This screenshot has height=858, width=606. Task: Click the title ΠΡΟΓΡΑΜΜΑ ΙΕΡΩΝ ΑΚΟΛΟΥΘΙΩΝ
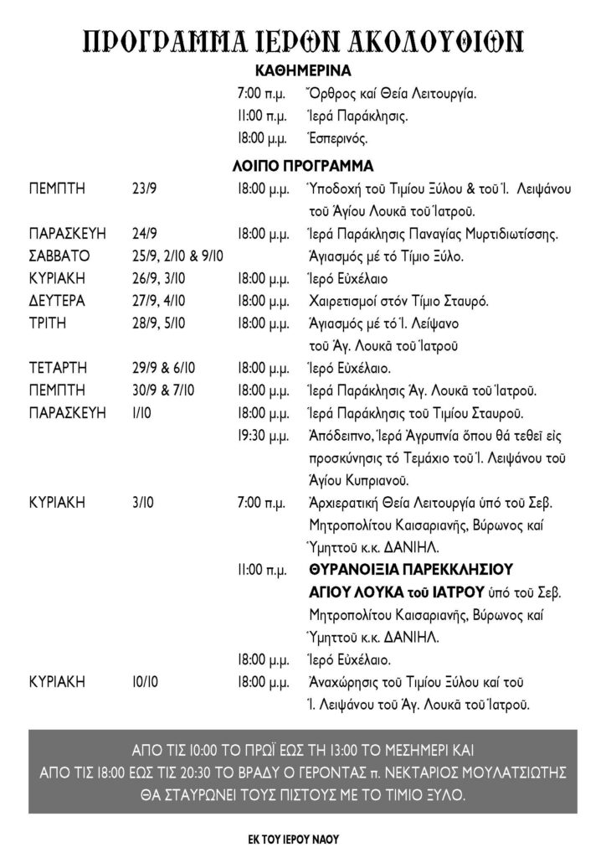click(x=303, y=39)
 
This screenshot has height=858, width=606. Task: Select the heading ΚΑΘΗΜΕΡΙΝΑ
click(x=302, y=72)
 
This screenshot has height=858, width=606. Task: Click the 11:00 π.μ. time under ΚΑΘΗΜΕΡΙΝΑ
click(x=263, y=116)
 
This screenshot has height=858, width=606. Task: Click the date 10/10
click(x=145, y=682)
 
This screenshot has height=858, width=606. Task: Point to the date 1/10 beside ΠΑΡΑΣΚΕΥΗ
click(x=141, y=413)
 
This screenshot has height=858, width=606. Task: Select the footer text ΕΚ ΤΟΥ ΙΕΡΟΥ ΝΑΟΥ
click(x=302, y=836)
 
